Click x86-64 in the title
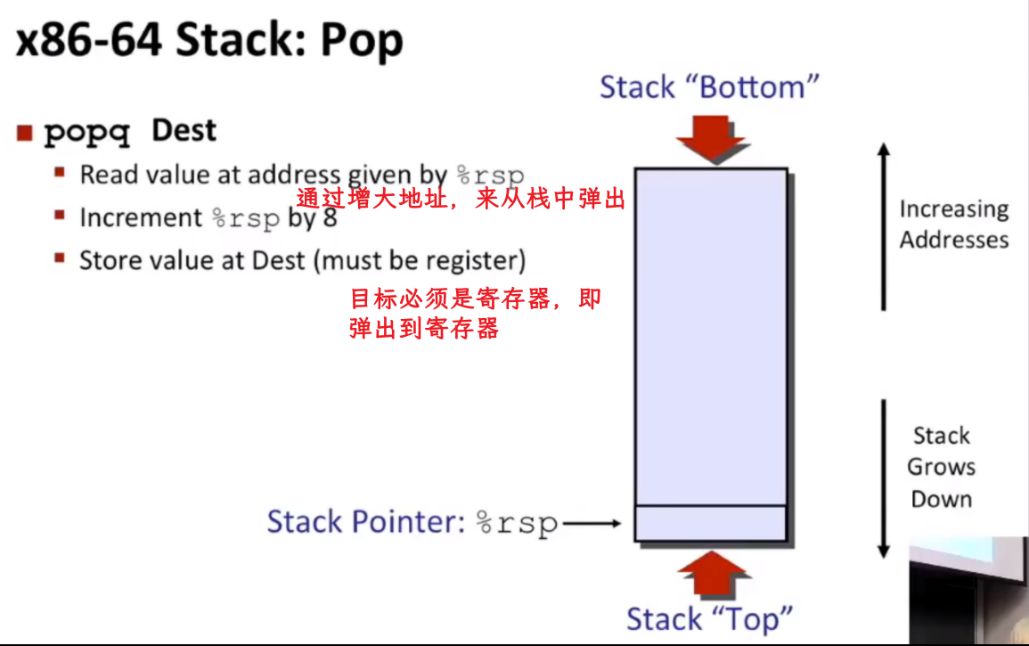(x=89, y=39)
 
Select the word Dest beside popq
(x=184, y=130)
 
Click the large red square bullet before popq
(x=25, y=133)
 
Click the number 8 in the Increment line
(x=331, y=217)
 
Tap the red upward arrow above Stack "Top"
(x=713, y=572)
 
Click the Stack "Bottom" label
(x=709, y=87)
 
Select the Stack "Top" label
(x=709, y=619)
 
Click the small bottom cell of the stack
(x=711, y=523)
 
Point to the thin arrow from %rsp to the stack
(x=592, y=523)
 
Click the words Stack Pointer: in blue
(x=366, y=522)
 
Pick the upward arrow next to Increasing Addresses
(x=883, y=226)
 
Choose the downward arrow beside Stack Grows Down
(x=883, y=478)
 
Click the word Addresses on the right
(x=954, y=240)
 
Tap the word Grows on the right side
(x=941, y=467)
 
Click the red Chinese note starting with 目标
(x=475, y=313)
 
